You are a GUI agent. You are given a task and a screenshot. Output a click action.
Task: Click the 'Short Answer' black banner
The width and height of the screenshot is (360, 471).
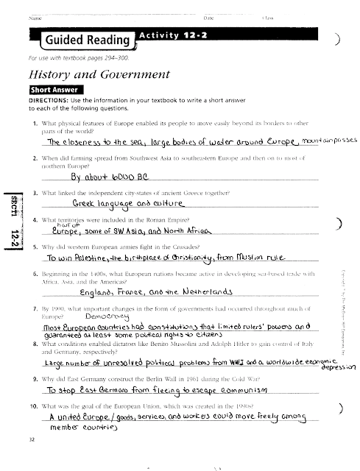tap(57, 91)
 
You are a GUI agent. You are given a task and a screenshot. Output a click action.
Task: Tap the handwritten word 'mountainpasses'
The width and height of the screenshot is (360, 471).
tap(323, 139)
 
